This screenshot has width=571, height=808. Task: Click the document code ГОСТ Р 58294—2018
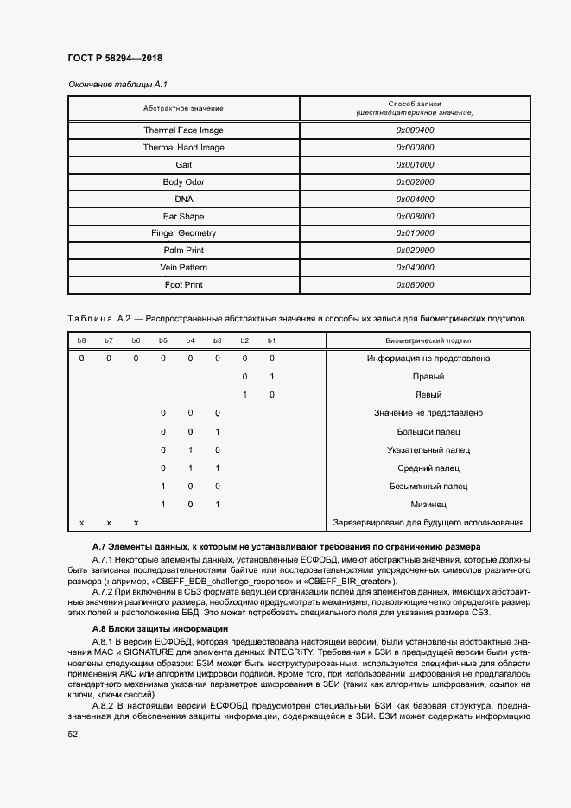(114, 58)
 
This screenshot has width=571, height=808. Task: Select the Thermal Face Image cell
(183, 130)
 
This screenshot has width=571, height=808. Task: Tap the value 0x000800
(415, 148)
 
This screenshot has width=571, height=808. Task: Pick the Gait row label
(183, 165)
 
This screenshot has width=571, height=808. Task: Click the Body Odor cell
(183, 182)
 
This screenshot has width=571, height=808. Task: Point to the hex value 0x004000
(415, 200)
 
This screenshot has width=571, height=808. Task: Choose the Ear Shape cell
(183, 216)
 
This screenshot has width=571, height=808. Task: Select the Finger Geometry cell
(183, 233)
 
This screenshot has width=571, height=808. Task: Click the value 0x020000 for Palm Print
(415, 251)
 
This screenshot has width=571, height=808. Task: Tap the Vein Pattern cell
(183, 268)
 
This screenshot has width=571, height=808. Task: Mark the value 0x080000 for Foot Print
(415, 284)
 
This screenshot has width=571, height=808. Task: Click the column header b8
(82, 341)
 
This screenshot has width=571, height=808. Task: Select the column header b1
(271, 341)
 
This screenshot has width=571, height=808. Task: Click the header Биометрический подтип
(428, 341)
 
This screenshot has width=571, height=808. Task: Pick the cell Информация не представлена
(428, 358)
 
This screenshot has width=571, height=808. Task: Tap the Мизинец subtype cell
(428, 504)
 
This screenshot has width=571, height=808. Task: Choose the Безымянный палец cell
(428, 487)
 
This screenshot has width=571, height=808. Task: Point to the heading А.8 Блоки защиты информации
(160, 628)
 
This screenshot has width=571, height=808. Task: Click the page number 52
(73, 734)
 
